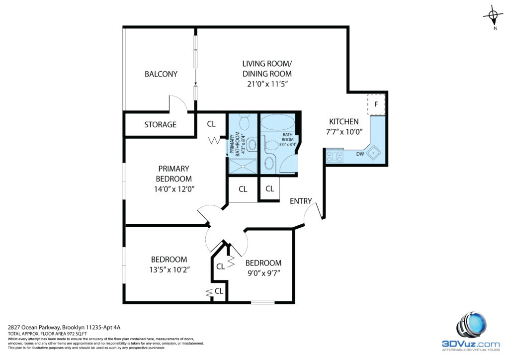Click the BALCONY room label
(161, 74)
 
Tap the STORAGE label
(161, 125)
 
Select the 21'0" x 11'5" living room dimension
(267, 84)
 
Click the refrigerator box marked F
(376, 104)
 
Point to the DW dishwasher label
(360, 154)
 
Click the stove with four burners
(335, 156)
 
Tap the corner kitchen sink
(374, 152)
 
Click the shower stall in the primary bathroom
(243, 166)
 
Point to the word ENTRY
(301, 201)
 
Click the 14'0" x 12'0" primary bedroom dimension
(174, 189)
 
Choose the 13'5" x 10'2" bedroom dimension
(170, 270)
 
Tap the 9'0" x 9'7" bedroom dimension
(263, 273)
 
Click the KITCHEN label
(344, 122)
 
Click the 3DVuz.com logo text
(471, 344)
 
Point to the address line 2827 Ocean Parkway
(64, 328)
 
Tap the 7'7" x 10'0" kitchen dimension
(344, 132)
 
